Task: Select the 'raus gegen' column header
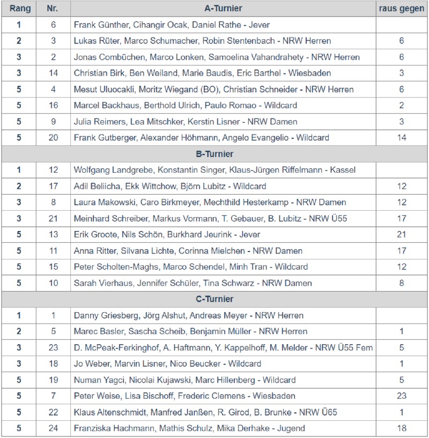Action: tap(402, 9)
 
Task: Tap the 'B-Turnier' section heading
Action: tap(214, 154)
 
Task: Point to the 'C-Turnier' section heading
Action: tap(214, 299)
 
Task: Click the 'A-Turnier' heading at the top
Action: tap(223, 9)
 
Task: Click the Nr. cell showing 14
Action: tap(53, 73)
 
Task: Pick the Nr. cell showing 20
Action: tap(53, 138)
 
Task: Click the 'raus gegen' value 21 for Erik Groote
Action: tap(402, 235)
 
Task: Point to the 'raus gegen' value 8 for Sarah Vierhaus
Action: tap(402, 283)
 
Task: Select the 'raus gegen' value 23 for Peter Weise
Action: tap(402, 396)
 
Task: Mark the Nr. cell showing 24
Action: tap(53, 428)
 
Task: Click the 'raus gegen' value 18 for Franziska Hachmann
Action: tap(402, 428)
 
